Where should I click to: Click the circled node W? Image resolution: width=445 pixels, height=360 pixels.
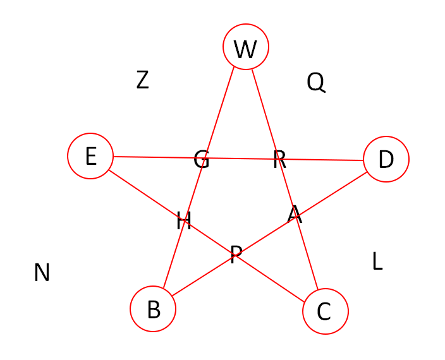point(246,47)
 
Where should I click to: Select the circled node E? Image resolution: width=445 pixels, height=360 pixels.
point(90,156)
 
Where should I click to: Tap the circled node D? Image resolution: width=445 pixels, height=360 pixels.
point(386,159)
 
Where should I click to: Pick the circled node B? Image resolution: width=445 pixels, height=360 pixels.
point(153,309)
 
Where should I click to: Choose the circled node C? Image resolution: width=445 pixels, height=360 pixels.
point(326,311)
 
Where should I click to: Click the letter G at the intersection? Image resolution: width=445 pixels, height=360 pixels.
point(202,159)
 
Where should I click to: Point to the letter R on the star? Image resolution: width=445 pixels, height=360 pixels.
point(279,160)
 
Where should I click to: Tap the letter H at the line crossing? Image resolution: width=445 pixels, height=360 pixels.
point(184,221)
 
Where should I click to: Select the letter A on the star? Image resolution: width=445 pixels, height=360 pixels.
point(295,215)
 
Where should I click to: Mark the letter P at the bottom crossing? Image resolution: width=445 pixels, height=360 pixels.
point(236,255)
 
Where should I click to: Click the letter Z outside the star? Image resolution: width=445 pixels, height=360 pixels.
point(143,80)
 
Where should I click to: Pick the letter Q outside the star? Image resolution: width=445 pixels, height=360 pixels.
point(315,82)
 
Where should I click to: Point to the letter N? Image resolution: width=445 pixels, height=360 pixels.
point(42,272)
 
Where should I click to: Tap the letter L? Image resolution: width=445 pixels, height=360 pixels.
point(377,261)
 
